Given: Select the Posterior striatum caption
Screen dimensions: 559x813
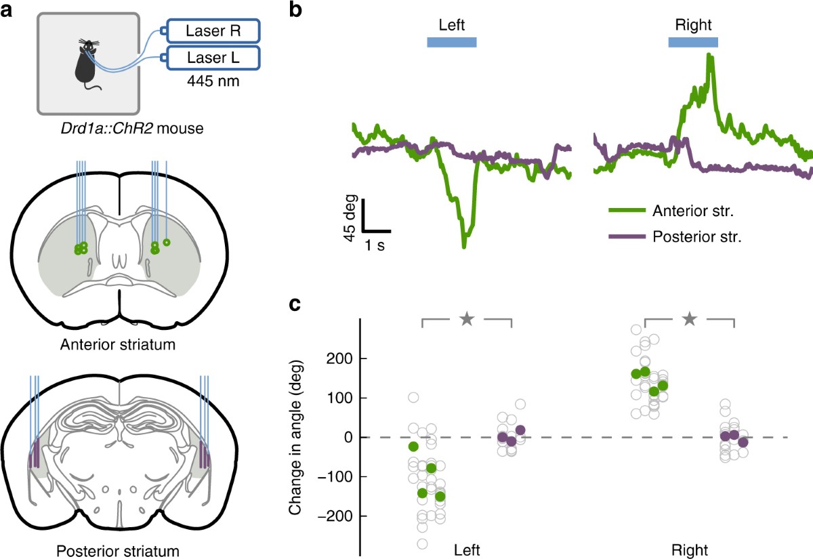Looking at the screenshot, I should coord(119,550).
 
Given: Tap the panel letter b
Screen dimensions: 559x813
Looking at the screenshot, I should coord(296,9).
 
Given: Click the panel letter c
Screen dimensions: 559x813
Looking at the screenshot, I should coord(295,305).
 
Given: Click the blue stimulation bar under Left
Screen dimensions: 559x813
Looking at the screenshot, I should coord(452,43).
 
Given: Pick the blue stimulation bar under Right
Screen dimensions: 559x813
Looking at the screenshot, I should coord(693,43).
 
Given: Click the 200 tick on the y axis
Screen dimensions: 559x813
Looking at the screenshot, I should coord(339,358).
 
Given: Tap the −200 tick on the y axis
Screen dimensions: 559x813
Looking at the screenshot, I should coord(335,516).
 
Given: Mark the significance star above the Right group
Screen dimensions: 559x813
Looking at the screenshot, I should coord(690,318).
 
